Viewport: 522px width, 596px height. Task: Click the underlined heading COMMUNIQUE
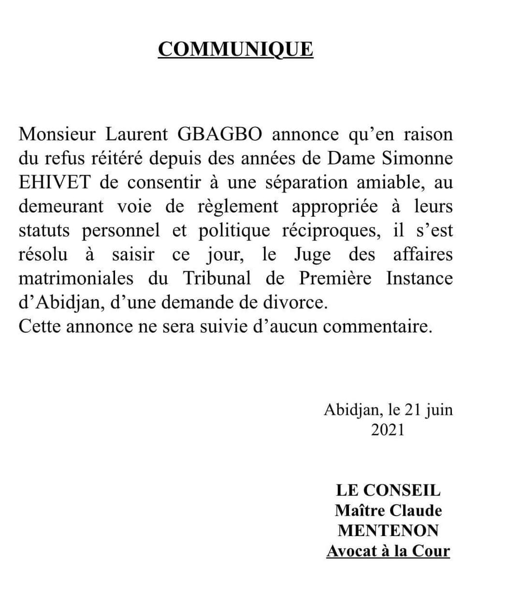[235, 49]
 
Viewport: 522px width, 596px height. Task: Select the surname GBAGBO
[220, 134]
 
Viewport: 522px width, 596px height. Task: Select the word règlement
[238, 207]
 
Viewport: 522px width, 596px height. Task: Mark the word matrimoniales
[76, 278]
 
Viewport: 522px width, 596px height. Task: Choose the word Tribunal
[217, 278]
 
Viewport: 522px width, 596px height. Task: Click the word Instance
[420, 278]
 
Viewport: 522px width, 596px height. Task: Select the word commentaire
[377, 327]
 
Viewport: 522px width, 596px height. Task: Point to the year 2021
[388, 430]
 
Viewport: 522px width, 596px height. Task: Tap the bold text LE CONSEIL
[388, 491]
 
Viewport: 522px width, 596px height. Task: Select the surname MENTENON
[388, 531]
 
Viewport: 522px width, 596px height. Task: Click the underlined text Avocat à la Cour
[388, 551]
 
